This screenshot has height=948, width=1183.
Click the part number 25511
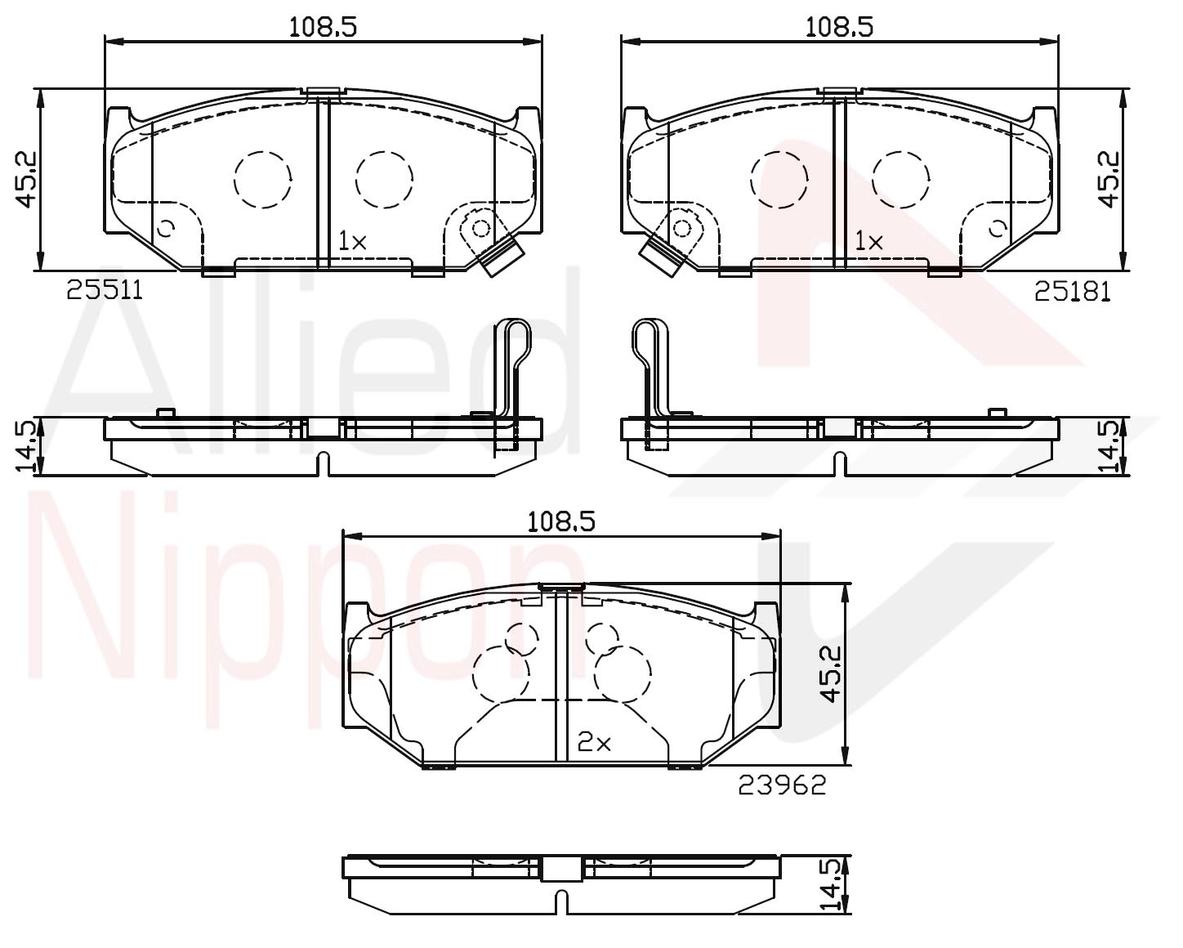105,290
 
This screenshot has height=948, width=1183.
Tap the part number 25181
1073,292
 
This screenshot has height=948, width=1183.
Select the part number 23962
782,785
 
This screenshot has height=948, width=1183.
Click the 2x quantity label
594,744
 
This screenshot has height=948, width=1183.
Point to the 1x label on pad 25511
352,241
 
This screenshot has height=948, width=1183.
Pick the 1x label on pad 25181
869,241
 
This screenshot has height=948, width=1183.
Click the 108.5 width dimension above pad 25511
324,26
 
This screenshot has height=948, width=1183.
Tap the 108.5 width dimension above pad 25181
839,26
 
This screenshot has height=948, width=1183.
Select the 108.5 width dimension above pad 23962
561,522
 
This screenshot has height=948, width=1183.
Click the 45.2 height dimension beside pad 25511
25,179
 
